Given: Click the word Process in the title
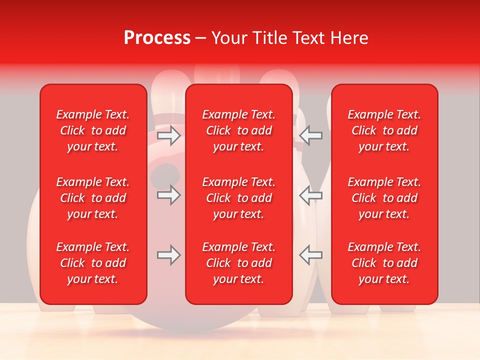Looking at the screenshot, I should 157,37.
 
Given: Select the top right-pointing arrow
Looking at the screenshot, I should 168,135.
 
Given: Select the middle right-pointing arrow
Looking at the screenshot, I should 168,195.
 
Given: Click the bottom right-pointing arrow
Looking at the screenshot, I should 168,255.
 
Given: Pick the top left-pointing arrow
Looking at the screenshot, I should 311,135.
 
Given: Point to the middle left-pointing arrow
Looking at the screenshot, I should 311,195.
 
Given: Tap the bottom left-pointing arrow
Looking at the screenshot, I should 311,255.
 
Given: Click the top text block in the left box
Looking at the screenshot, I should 93,130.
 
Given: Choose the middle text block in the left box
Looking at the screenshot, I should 93,198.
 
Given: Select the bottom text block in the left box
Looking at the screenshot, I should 93,263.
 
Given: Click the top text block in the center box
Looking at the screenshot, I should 238,130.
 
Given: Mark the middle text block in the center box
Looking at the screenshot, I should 238,198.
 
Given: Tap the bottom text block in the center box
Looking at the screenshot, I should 238,263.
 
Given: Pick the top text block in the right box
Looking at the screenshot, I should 384,130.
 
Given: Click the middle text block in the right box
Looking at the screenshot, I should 384,198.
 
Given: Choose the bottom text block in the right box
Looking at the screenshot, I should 384,263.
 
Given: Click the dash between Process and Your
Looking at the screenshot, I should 201,38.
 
